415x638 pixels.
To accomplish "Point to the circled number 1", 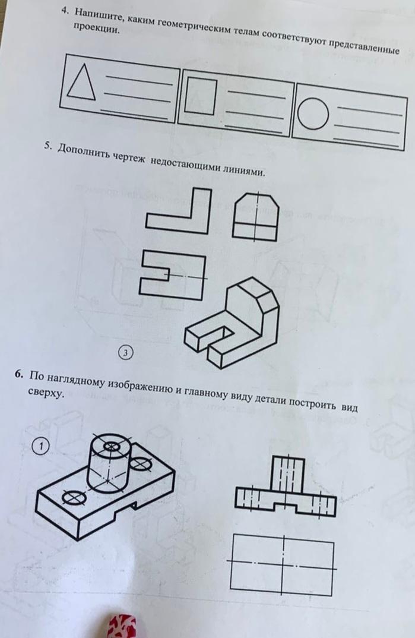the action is pos(40,446).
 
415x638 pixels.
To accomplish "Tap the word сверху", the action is pos(47,393).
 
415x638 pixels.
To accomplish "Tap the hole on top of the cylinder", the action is pos(110,447).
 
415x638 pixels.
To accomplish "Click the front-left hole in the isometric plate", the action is pos(73,497).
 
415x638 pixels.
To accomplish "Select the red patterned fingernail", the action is pos(122,627).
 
